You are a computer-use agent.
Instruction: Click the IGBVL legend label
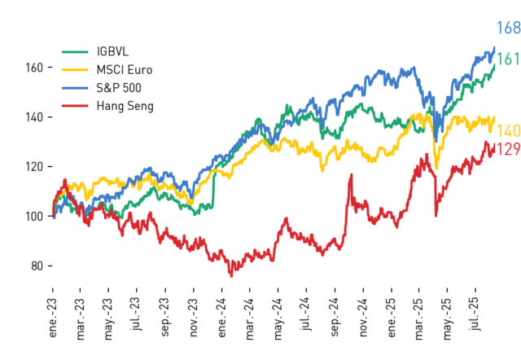112,51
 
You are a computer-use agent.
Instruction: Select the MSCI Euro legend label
125,70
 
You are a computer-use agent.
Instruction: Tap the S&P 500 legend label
119,88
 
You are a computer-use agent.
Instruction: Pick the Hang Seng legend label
125,106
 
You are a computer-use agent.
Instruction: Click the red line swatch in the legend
75,106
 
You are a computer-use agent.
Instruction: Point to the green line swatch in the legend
75,52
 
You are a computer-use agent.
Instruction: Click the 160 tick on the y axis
34,68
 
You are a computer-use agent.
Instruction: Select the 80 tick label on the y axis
37,266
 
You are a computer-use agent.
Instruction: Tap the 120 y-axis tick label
34,166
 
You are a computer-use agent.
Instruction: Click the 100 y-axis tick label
34,217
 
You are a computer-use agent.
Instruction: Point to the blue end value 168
508,28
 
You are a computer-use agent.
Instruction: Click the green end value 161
508,59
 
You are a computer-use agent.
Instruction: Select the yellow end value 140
508,131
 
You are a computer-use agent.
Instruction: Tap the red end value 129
508,149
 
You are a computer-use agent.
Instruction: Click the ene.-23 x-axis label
52,318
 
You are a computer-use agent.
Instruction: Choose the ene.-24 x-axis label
222,318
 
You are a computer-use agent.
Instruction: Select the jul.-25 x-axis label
475,314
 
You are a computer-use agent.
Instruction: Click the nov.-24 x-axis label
363,318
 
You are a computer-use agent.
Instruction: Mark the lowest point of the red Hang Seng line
231,276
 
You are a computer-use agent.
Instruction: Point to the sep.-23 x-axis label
165,317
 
